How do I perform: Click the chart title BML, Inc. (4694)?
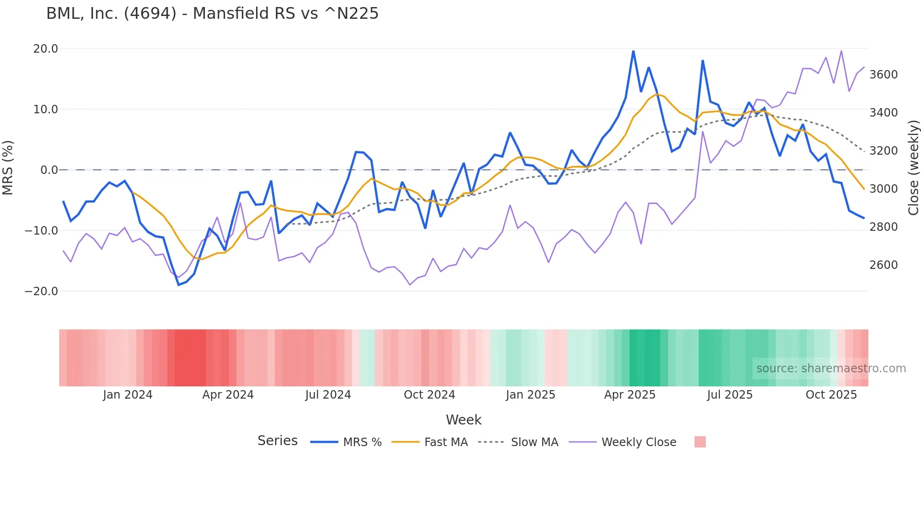(212, 14)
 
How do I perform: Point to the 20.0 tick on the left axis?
(46, 49)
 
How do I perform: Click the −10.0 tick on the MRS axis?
(41, 231)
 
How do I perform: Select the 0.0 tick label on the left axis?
(49, 170)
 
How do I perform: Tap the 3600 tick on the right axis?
(883, 75)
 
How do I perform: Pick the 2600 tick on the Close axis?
(883, 265)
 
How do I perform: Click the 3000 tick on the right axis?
(883, 189)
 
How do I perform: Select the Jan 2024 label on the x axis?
(127, 395)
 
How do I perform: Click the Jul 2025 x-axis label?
(730, 395)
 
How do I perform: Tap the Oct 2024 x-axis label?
(429, 395)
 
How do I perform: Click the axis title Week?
(463, 420)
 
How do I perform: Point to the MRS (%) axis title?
(8, 167)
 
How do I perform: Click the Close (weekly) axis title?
(913, 167)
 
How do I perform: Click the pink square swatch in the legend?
(700, 442)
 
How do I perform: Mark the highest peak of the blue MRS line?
(633, 51)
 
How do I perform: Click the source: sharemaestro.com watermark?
(831, 369)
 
